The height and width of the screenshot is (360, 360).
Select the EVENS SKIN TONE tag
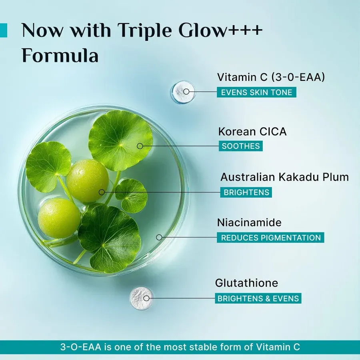(257, 92)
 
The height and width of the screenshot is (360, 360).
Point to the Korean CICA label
(252, 131)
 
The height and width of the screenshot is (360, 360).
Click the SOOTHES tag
(241, 146)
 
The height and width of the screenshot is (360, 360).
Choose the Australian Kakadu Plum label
(284, 177)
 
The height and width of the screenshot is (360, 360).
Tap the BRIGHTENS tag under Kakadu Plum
(246, 192)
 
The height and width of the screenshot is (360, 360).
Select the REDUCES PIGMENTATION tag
(271, 238)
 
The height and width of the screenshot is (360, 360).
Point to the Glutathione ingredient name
(246, 283)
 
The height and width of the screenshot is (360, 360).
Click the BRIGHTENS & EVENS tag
(258, 298)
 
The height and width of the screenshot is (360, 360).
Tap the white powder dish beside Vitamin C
(183, 92)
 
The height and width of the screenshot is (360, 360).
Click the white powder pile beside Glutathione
(140, 297)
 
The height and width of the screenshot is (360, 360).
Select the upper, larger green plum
(87, 180)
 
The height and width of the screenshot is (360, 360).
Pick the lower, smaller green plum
(59, 218)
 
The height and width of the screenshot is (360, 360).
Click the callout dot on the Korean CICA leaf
(140, 146)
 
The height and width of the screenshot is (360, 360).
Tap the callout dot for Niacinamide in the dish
(159, 237)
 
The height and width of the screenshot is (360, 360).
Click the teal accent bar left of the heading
(3, 30)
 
